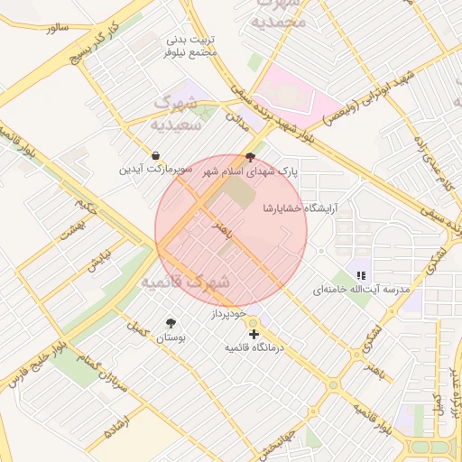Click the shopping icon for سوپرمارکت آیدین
pos(156,155)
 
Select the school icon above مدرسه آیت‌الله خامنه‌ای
pos(361,274)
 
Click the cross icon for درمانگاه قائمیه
pos(254,334)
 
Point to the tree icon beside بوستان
pos(171,322)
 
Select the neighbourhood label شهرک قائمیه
pos(185,282)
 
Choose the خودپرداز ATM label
pos(228,313)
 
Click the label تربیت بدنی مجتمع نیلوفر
pos(191,47)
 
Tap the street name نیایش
pos(95,261)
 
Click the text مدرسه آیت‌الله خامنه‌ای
pos(361,291)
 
